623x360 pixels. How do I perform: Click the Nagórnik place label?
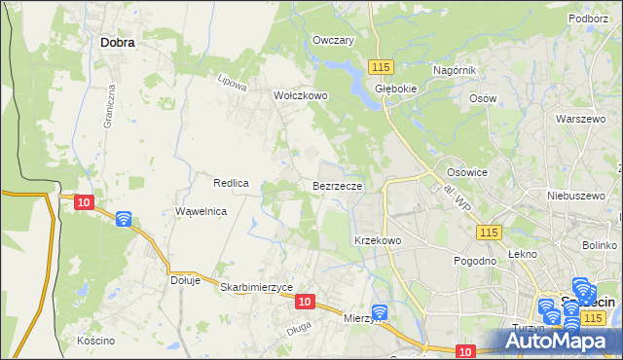454,71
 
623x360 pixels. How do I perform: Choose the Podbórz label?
588,18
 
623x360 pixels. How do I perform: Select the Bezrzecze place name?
338,184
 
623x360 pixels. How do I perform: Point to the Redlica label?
233,183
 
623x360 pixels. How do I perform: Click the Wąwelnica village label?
201,211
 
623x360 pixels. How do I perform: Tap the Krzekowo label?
378,239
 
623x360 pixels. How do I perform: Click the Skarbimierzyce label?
257,287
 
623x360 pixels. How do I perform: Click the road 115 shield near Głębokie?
381,65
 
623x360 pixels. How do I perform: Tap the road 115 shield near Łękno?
489,232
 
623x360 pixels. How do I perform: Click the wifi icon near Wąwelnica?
124,219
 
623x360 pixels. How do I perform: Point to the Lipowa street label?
232,84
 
